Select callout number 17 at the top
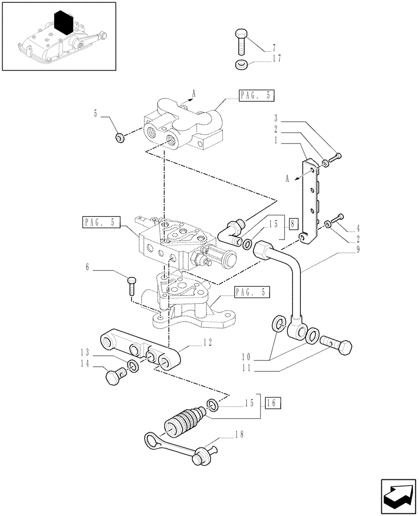click(277, 59)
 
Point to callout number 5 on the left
click(96, 112)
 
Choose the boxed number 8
click(293, 224)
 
